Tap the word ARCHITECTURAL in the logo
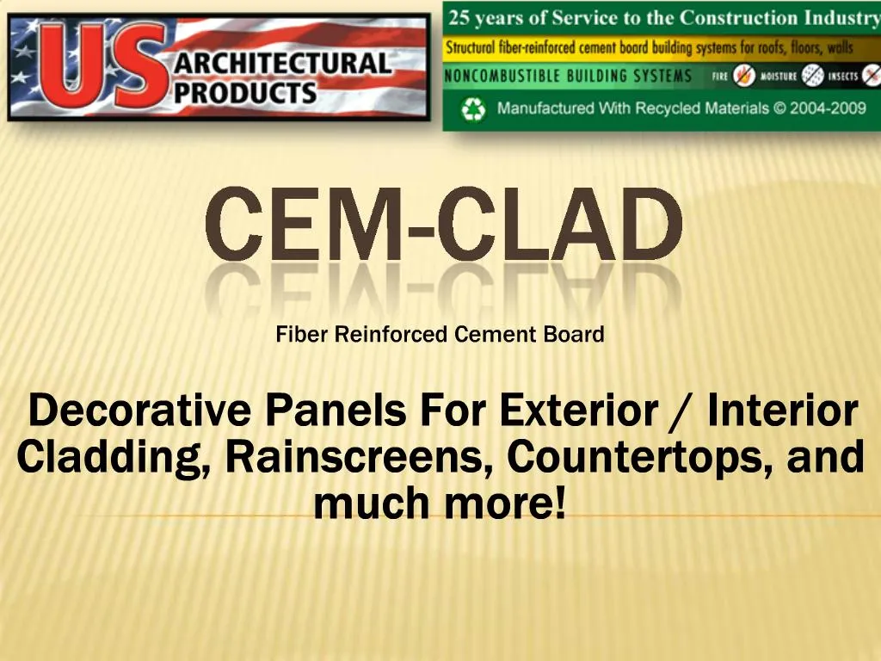tap(282, 64)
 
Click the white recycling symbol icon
tap(473, 109)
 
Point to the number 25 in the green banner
tap(459, 18)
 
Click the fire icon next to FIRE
tap(744, 76)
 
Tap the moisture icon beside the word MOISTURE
tap(812, 76)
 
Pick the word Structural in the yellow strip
tap(471, 48)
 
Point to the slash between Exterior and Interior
tap(683, 412)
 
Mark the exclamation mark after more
tap(559, 502)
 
